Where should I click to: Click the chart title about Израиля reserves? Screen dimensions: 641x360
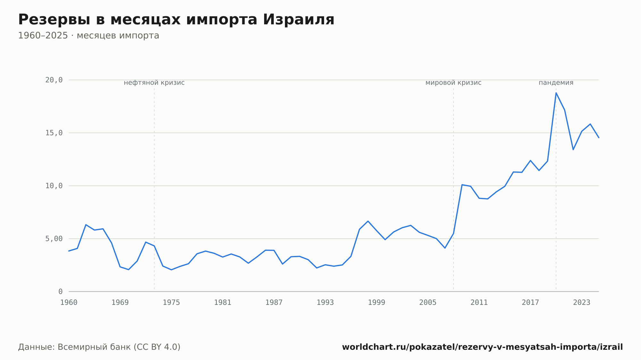coord(176,20)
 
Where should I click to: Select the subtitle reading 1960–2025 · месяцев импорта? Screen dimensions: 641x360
coord(88,36)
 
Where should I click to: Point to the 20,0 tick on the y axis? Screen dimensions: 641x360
coord(54,80)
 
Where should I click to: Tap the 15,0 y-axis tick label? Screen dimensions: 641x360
coord(54,133)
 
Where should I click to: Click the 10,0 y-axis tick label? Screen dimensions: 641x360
coord(54,186)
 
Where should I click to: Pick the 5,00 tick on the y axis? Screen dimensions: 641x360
coord(54,239)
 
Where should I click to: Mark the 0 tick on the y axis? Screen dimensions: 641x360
coord(60,291)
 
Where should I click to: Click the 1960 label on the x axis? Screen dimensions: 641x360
coord(69,303)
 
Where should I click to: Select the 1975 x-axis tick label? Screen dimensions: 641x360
coord(171,303)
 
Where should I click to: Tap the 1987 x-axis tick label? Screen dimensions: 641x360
coord(274,303)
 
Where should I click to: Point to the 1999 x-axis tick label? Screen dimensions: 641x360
coord(377,303)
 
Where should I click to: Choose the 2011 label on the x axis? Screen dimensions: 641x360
coord(479,303)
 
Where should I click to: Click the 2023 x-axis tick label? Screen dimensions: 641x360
coord(582,303)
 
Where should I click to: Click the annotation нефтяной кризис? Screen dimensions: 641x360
coord(154,83)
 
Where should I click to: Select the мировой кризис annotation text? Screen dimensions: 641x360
coord(454,83)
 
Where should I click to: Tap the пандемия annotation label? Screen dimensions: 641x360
coord(556,83)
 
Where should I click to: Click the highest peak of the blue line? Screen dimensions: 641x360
coord(556,93)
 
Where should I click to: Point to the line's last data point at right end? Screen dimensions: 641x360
coord(599,137)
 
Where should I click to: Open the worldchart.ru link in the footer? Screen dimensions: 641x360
coord(482,347)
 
